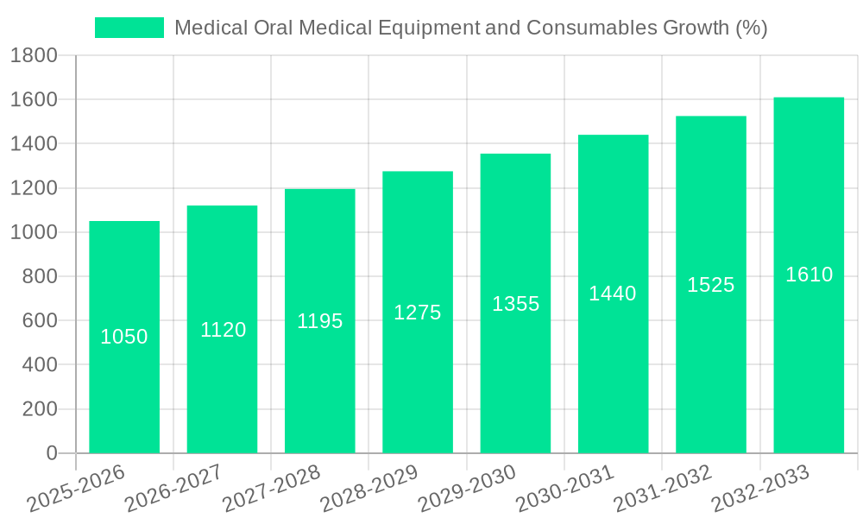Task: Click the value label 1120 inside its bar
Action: [224, 330]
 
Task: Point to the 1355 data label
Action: [516, 304]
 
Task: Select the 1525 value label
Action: [711, 285]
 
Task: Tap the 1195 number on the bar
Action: [320, 321]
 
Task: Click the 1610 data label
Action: [809, 275]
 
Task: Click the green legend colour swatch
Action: [129, 28]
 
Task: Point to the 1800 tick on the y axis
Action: [34, 56]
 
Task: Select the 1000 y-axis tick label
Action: [34, 232]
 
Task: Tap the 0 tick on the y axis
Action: [51, 453]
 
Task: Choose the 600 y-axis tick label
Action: [40, 320]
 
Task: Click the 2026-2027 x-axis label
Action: [173, 489]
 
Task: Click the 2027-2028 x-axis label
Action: [271, 489]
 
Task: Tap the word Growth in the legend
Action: [696, 28]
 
